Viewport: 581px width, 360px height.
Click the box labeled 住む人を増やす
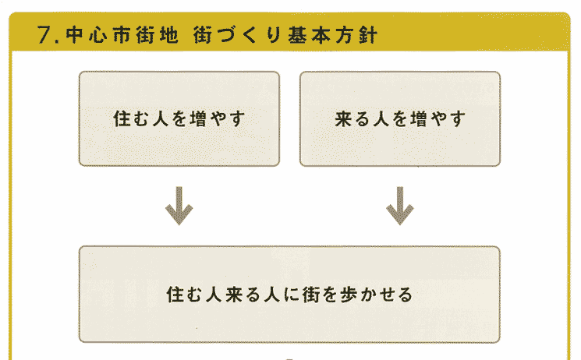pyautogui.click(x=179, y=118)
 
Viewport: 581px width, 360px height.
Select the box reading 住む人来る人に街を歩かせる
pyautogui.click(x=289, y=295)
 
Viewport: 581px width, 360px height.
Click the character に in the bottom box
pyautogui.click(x=287, y=295)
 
